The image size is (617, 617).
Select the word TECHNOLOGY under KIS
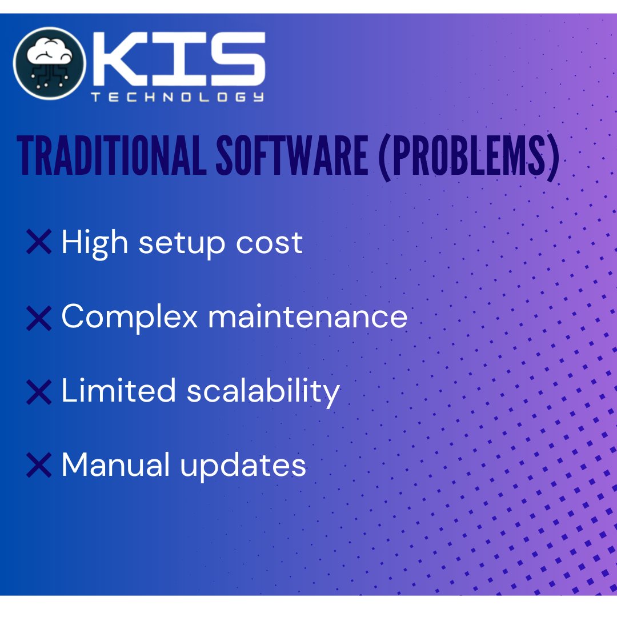coord(178,97)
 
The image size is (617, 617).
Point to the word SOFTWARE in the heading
coord(291,156)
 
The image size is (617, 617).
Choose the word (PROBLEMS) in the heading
coord(468,156)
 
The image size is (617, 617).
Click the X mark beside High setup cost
coord(39,242)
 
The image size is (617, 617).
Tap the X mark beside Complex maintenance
coord(39,317)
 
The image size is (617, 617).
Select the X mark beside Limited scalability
coord(39,392)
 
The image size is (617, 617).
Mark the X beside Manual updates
coord(39,466)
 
